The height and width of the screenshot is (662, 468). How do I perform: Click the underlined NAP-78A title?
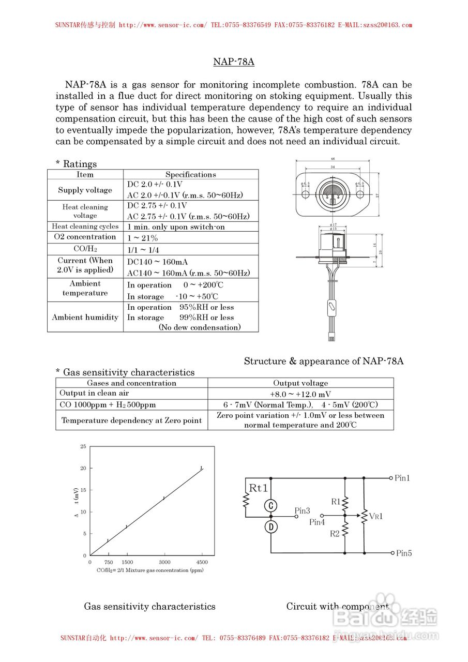pyautogui.click(x=234, y=62)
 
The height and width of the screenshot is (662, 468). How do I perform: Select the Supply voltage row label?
pyautogui.click(x=85, y=190)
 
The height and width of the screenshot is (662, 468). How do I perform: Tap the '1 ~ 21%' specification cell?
pyautogui.click(x=142, y=238)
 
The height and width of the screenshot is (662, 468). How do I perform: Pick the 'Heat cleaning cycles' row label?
pyautogui.click(x=85, y=227)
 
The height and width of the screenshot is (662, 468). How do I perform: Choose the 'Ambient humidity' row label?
pyautogui.click(x=85, y=318)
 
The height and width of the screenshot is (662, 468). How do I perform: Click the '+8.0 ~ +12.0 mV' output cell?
pyautogui.click(x=300, y=394)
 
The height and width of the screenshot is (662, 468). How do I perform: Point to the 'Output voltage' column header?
pyautogui.click(x=300, y=383)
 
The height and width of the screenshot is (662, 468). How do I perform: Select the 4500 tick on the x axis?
pyautogui.click(x=202, y=562)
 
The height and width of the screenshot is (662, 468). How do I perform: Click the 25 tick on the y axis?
pyautogui.click(x=83, y=446)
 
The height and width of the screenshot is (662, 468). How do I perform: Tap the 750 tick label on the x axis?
pyautogui.click(x=109, y=562)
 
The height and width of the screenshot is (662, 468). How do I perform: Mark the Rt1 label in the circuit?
pyautogui.click(x=259, y=488)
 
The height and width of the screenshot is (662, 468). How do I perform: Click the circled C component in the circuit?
pyautogui.click(x=271, y=505)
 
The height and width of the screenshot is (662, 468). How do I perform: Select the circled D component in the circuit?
pyautogui.click(x=271, y=527)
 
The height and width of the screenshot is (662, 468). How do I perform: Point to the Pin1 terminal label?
pyautogui.click(x=402, y=478)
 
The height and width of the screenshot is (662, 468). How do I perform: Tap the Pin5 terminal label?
pyautogui.click(x=404, y=553)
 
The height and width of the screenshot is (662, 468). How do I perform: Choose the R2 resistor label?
pyautogui.click(x=335, y=534)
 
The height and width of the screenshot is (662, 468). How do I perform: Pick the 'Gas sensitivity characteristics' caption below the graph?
pyautogui.click(x=149, y=607)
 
